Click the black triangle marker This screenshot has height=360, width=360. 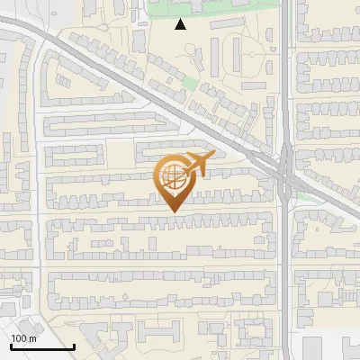pos(181,24)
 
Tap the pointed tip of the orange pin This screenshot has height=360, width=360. pos(175,211)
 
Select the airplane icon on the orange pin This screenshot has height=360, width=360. pos(195,166)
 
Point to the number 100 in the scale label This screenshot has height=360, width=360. pos(19,337)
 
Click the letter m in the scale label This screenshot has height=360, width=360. pos(32,337)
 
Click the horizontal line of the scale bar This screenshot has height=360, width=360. pos(42,346)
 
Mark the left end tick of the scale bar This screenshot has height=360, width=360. pos(11,345)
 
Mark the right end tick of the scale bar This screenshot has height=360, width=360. pos(74,345)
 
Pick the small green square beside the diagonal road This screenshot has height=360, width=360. pos(189,84)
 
